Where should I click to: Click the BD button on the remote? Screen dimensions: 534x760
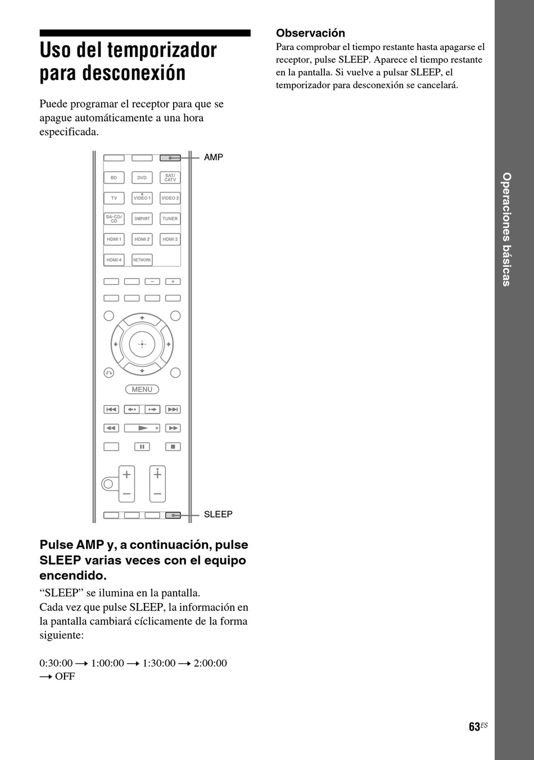114,178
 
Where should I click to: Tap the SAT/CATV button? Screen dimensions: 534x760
170,178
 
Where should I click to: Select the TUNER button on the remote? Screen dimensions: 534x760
170,219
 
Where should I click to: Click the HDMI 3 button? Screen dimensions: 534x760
170,240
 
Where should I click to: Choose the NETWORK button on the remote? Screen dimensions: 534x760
142,260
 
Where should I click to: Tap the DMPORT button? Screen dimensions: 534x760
142,219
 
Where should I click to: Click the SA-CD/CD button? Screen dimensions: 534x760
114,219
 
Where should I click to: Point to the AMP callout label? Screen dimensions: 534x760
214,158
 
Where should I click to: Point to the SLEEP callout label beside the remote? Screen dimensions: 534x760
218,514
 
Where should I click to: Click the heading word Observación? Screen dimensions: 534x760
310,33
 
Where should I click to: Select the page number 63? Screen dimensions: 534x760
474,727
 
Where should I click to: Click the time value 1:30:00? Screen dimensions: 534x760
159,663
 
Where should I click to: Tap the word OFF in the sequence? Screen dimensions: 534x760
65,676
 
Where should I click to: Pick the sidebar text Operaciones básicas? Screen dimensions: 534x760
506,229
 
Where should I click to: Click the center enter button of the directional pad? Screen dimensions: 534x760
142,344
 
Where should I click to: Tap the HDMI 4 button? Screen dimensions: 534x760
114,260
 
